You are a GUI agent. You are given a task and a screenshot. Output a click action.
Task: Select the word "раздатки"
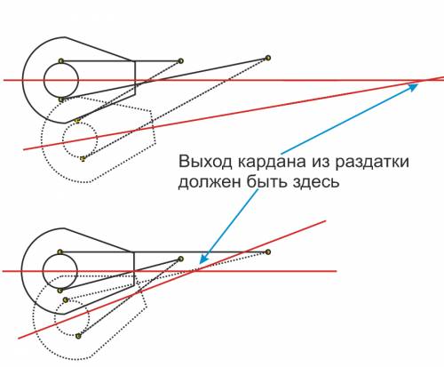point(372,163)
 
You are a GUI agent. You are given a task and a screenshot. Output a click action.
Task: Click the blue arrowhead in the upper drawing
point(414,87)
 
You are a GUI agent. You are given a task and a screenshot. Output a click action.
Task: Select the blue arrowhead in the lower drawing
point(203,259)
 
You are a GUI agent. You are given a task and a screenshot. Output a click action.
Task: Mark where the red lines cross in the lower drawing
point(194,271)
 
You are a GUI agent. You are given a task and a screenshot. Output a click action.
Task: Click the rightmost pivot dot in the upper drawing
point(268,58)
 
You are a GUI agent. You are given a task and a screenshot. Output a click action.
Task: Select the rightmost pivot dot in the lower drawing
point(268,252)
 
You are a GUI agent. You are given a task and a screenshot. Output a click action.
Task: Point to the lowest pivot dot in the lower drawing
point(78,336)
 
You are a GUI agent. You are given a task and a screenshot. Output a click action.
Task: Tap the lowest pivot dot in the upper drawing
point(83,159)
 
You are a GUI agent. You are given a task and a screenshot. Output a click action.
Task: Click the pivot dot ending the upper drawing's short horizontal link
point(181,61)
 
